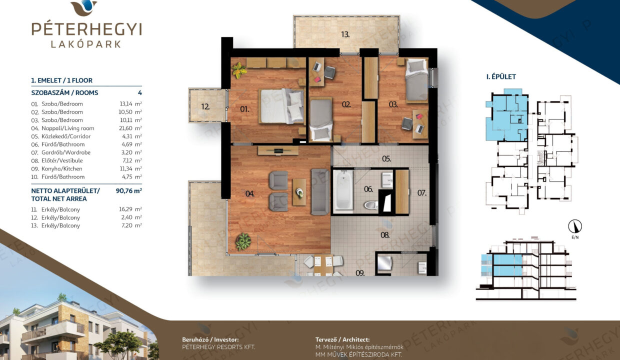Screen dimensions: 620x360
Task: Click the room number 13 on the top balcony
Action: pyautogui.click(x=345, y=34)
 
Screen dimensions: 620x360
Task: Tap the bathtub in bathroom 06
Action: pyautogui.click(x=343, y=191)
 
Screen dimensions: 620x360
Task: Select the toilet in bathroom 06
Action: pyautogui.click(x=371, y=205)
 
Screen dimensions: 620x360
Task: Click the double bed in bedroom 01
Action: pyautogui.click(x=282, y=106)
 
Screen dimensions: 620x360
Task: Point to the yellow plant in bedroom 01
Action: pyautogui.click(x=238, y=70)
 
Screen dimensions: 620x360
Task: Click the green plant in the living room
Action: pyautogui.click(x=243, y=241)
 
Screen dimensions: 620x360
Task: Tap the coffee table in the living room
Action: pyautogui.click(x=299, y=192)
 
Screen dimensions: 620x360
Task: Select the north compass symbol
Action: pyautogui.click(x=575, y=226)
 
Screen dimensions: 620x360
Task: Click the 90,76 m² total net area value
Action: pyautogui.click(x=128, y=190)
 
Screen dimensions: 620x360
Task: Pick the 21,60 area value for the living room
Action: pyautogui.click(x=125, y=128)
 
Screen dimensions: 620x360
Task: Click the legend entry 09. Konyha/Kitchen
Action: pyautogui.click(x=56, y=169)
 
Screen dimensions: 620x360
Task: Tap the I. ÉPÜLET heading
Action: pyautogui.click(x=501, y=76)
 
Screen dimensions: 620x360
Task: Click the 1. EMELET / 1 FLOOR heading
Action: pyautogui.click(x=61, y=80)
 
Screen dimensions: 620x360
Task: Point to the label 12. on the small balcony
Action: pyautogui.click(x=205, y=106)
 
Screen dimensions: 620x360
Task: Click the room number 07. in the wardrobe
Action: pyautogui.click(x=422, y=193)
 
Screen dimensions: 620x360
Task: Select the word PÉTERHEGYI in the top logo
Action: pyautogui.click(x=86, y=29)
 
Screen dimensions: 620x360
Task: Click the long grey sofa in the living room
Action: pyautogui.click(x=320, y=192)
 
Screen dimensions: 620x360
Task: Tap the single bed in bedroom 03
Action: pyautogui.click(x=417, y=80)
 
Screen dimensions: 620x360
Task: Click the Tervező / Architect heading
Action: pyautogui.click(x=342, y=339)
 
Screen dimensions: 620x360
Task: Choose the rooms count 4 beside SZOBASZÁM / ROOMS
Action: pyautogui.click(x=140, y=92)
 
